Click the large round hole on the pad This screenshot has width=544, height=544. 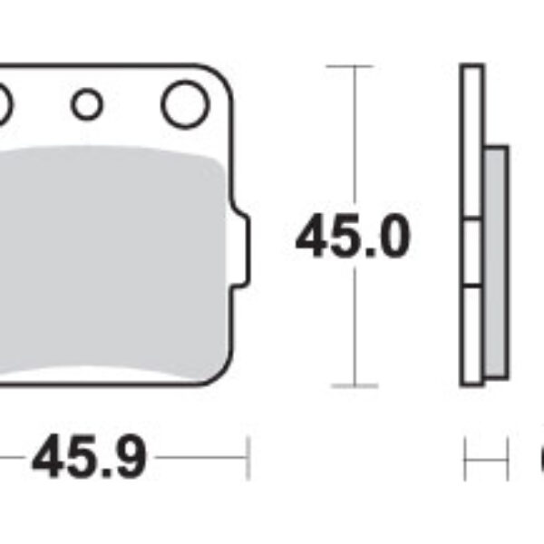pyautogui.click(x=185, y=104)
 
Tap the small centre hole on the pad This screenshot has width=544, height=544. pyautogui.click(x=87, y=105)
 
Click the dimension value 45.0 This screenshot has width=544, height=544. pyautogui.click(x=353, y=238)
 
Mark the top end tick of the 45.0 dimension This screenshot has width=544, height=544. pyautogui.click(x=349, y=66)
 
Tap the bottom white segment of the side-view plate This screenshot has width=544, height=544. pyautogui.click(x=471, y=335)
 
